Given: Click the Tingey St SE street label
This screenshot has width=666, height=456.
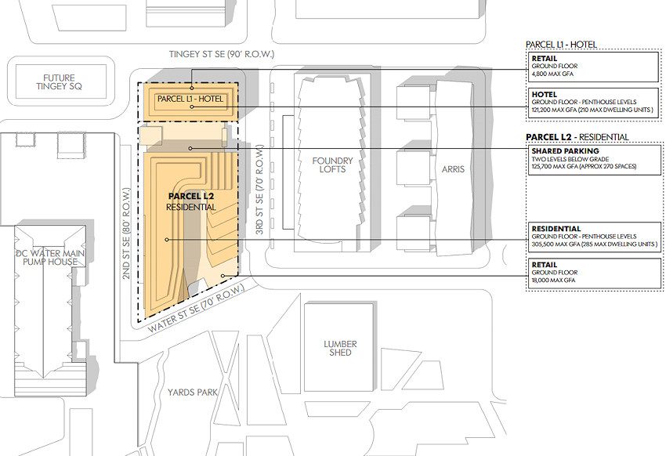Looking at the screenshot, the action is pyautogui.click(x=221, y=54).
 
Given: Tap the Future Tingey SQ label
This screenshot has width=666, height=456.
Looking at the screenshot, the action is pyautogui.click(x=59, y=82).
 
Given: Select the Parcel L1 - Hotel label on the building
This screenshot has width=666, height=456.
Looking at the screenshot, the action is pyautogui.click(x=190, y=99).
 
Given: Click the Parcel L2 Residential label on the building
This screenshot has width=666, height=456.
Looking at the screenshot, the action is pyautogui.click(x=191, y=201).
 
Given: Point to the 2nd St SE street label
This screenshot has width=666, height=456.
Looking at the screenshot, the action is pyautogui.click(x=126, y=233).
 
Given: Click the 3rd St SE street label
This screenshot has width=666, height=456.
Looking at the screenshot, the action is pyautogui.click(x=259, y=190).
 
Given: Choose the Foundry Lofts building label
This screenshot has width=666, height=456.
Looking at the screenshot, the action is pyautogui.click(x=332, y=165).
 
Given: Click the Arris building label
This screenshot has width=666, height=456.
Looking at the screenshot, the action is pyautogui.click(x=453, y=169).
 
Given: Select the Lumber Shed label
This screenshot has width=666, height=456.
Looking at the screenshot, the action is pyautogui.click(x=340, y=348).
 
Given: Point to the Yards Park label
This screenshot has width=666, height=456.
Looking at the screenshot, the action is pyautogui.click(x=193, y=393).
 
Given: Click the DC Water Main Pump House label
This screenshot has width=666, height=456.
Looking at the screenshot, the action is pyautogui.click(x=50, y=257).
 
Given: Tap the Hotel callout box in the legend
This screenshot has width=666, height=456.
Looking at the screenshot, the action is pyautogui.click(x=593, y=103).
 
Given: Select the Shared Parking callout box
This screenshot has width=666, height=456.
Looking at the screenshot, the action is pyautogui.click(x=594, y=160).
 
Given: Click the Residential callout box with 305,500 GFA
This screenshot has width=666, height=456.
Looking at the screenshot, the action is pyautogui.click(x=594, y=237).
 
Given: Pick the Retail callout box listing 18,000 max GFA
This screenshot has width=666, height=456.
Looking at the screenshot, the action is pyautogui.click(x=594, y=273).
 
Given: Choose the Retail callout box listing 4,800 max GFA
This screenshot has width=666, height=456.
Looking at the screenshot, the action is pyautogui.click(x=593, y=67).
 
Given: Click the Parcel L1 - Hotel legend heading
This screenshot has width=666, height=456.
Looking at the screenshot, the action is pyautogui.click(x=561, y=45).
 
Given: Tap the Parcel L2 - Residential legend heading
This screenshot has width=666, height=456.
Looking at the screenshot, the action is pyautogui.click(x=577, y=137).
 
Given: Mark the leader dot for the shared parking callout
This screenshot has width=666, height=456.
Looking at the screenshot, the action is pyautogui.click(x=190, y=148).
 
